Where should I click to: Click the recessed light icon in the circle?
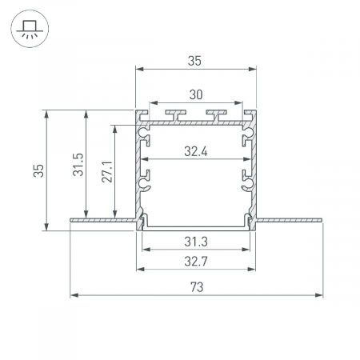tap(30, 29)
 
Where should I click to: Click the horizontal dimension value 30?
tap(196, 94)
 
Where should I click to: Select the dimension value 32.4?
tap(196, 151)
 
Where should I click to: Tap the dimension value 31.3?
tap(196, 242)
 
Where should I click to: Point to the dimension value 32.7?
tap(196, 262)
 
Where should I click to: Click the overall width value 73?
tap(197, 287)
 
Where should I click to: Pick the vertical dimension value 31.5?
tap(78, 164)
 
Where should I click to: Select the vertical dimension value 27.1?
tap(107, 171)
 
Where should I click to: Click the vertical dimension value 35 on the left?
tap(38, 170)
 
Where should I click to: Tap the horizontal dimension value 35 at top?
tap(194, 61)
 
